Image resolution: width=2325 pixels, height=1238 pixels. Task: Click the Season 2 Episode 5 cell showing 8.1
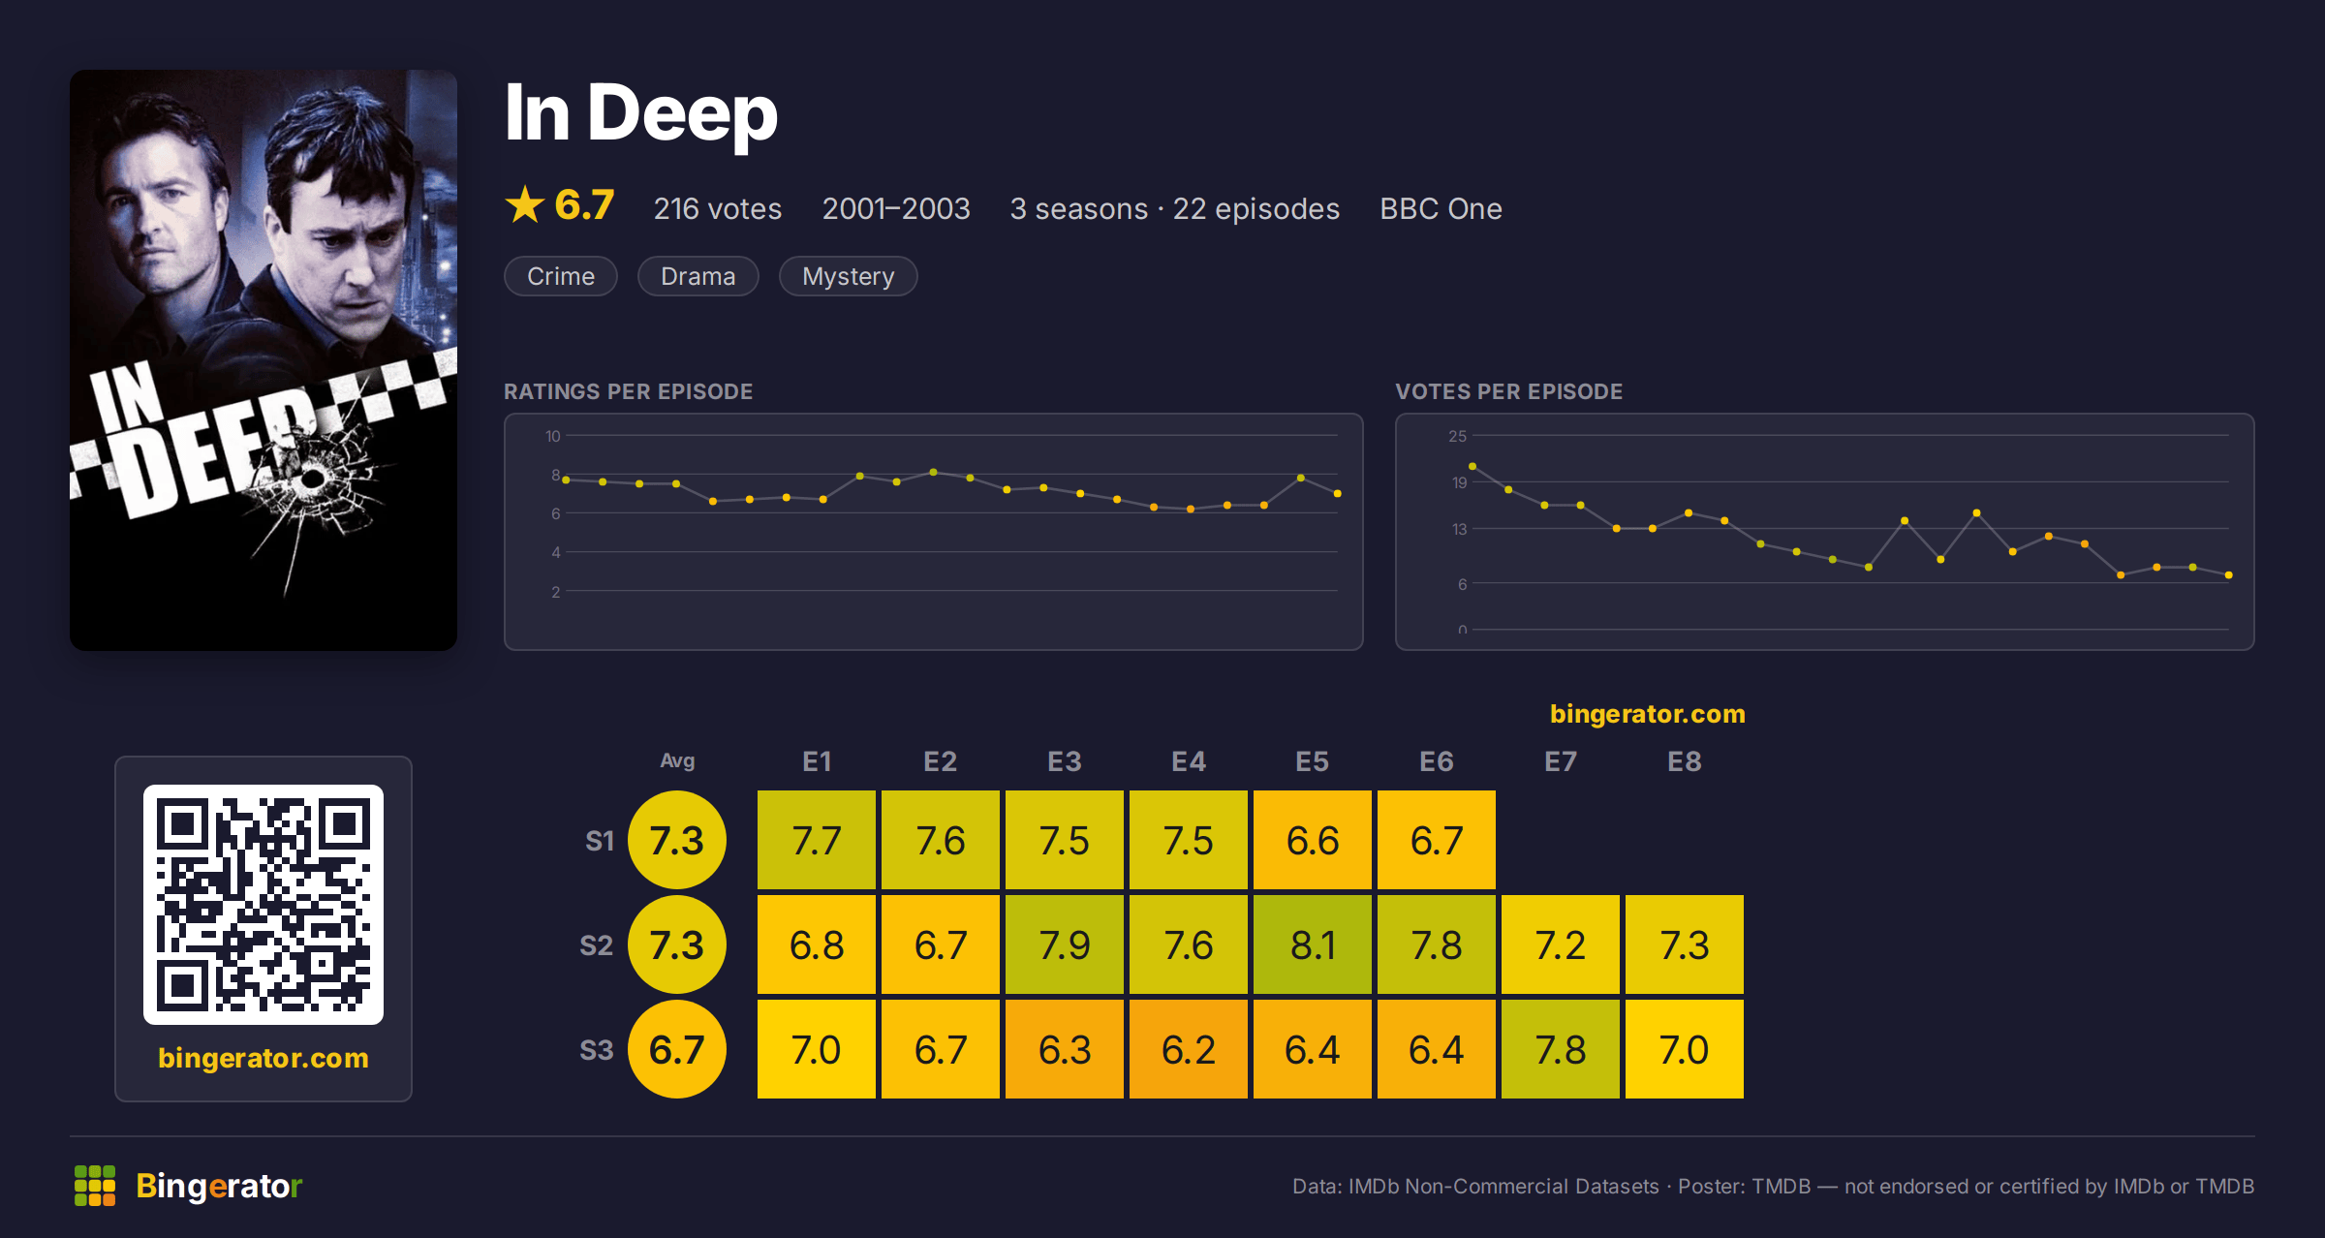click(1313, 944)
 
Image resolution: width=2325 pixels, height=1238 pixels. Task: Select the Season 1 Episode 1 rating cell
click(817, 840)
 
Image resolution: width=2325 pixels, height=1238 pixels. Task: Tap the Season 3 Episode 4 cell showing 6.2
click(1189, 1049)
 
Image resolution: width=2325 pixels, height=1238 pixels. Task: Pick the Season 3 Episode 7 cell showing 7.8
click(1561, 1049)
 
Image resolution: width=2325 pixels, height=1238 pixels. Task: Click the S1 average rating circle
click(677, 840)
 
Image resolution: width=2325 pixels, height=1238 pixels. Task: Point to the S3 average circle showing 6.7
click(677, 1049)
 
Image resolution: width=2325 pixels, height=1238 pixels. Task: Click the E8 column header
click(1685, 761)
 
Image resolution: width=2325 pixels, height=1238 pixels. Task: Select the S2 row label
click(597, 945)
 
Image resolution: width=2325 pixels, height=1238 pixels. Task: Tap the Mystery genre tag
click(849, 276)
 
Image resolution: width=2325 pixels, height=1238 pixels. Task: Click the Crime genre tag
click(561, 276)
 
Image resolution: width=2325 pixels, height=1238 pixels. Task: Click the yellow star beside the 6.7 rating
click(525, 204)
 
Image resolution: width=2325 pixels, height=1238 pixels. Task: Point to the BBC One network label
click(1441, 208)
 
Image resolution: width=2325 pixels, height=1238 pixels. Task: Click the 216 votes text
click(718, 208)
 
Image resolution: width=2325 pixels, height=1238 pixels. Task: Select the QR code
click(263, 905)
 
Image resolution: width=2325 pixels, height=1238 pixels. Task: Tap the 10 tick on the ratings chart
click(553, 436)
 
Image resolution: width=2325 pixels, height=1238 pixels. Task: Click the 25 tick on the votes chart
click(1458, 436)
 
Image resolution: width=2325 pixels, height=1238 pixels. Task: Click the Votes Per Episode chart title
click(1508, 391)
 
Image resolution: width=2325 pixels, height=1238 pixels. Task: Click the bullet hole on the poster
click(313, 479)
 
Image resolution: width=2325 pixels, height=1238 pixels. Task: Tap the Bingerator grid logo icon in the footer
click(95, 1186)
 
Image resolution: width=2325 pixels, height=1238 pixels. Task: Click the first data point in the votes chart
click(1472, 467)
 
